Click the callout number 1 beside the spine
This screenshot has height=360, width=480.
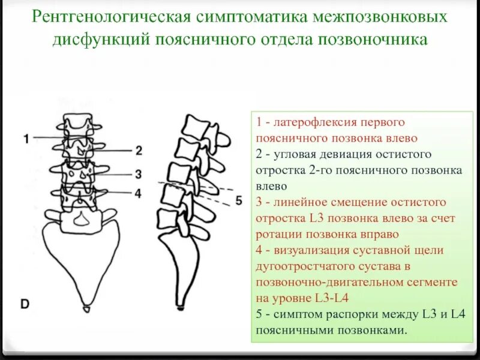tap(26, 139)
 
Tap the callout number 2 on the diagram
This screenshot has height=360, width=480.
tap(139, 150)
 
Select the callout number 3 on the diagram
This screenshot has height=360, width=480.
tap(138, 175)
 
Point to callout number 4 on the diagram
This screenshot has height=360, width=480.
tap(138, 193)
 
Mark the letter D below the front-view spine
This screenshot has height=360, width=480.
tap(25, 304)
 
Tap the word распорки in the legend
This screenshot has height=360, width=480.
tap(341, 314)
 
